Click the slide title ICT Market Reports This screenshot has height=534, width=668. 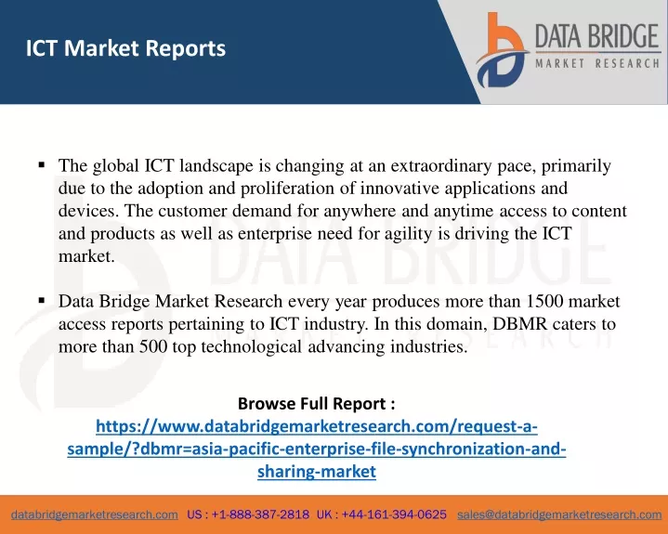(x=125, y=48)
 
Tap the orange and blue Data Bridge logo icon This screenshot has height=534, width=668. (x=503, y=50)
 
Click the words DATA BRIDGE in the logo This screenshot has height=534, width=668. (x=597, y=36)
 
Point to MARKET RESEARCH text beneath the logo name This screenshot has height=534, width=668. (x=597, y=64)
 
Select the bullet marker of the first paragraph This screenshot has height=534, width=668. (x=41, y=164)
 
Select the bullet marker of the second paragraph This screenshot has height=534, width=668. (x=41, y=301)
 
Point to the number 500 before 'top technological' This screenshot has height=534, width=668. (x=153, y=346)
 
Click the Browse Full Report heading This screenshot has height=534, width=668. (x=317, y=403)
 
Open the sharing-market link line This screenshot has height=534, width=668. (x=317, y=472)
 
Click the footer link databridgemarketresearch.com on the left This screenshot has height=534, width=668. (x=95, y=514)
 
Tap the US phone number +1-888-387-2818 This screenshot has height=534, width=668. (x=260, y=514)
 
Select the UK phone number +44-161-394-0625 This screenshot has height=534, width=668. (x=394, y=514)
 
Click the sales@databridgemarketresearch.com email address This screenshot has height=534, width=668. (x=559, y=514)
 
